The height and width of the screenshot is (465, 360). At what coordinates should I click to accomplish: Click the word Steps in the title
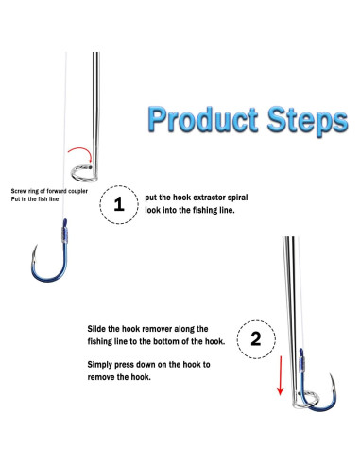307,121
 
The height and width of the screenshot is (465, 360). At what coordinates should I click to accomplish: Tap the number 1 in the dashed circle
119,204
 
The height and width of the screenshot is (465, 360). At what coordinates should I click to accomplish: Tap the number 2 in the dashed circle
256,339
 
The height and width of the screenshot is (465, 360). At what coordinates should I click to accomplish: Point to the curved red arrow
80,150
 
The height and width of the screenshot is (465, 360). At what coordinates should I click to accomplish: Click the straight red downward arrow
280,375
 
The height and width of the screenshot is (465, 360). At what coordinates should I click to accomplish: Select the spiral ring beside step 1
83,173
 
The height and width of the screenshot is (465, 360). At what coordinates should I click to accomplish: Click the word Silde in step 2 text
96,329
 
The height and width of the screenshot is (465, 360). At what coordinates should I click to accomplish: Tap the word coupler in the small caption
77,191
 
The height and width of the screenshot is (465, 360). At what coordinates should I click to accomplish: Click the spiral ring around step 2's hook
307,400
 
